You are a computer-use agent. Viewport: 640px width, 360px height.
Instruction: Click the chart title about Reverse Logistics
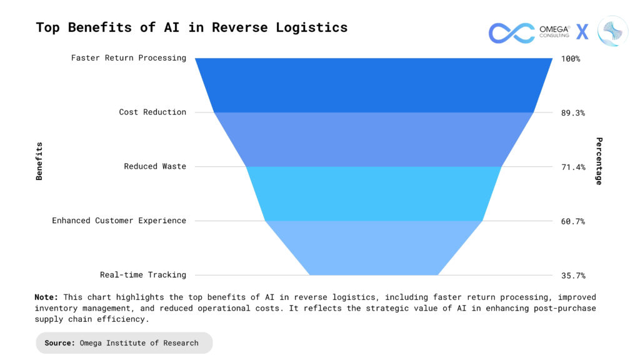191,27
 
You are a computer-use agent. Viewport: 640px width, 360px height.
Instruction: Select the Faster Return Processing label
129,58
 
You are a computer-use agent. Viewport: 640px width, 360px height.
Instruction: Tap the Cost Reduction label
152,112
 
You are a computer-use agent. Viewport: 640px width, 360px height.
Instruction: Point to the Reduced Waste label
155,166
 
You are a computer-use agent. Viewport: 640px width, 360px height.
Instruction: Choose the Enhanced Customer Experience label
119,221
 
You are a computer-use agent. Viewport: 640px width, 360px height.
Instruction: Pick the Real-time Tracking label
143,275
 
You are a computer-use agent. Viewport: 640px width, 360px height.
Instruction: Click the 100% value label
571,59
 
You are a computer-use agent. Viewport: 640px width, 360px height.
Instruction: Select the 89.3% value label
573,113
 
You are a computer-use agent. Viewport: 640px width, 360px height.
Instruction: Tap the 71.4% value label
573,167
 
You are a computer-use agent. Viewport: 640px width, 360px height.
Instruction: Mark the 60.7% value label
573,221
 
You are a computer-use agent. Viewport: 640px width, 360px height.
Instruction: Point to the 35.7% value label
573,276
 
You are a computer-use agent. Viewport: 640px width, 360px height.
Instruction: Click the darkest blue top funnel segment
374,85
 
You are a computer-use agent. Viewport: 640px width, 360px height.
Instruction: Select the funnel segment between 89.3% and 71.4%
374,139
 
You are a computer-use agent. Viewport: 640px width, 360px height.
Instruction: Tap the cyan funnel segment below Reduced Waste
374,194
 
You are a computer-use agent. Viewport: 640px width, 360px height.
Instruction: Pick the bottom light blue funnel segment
374,248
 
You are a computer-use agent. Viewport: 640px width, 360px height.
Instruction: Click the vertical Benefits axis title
39,161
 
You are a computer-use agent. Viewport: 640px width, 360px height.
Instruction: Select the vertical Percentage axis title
599,161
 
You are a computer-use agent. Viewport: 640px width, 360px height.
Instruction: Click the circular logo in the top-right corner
612,32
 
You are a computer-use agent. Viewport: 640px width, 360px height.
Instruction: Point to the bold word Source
59,343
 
